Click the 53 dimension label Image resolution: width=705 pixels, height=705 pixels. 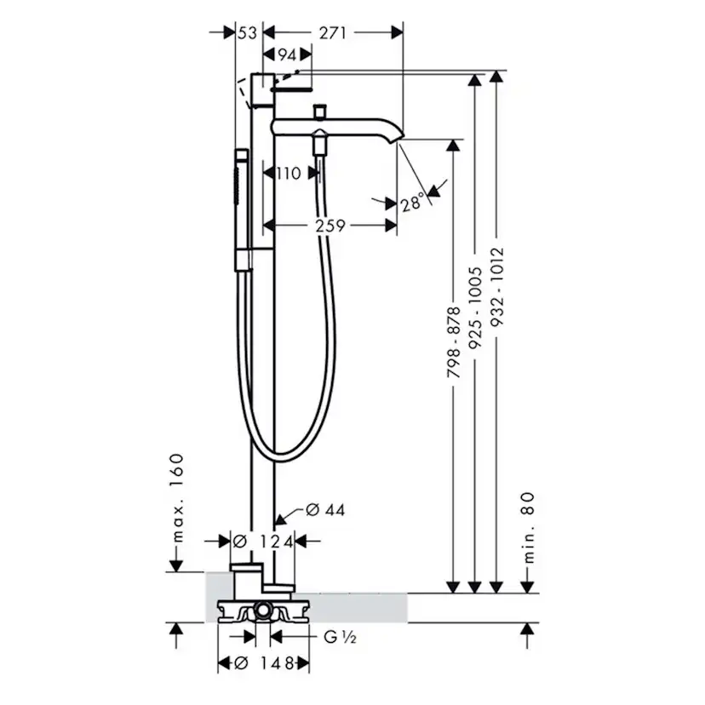(x=247, y=33)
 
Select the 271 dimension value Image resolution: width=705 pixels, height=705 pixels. (x=333, y=33)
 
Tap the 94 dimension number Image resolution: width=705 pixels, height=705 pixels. (x=287, y=54)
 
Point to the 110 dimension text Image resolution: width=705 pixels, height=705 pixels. (x=288, y=173)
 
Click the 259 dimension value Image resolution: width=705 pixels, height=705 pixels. (x=330, y=226)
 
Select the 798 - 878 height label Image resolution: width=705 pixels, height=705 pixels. (x=454, y=342)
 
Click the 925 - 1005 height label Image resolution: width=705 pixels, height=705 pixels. (x=475, y=307)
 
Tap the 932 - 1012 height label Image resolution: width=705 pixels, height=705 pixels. (x=497, y=286)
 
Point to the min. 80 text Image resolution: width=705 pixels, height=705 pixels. (x=530, y=527)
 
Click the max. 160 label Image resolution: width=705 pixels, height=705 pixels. (x=177, y=498)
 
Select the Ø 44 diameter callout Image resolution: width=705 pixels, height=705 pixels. (x=325, y=510)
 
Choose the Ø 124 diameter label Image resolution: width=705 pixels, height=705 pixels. (x=263, y=542)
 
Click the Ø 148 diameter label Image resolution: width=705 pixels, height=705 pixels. (x=264, y=663)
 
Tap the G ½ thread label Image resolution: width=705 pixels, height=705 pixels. (x=340, y=637)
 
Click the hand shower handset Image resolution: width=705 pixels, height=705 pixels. (x=241, y=210)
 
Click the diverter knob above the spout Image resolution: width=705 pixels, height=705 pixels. (x=319, y=111)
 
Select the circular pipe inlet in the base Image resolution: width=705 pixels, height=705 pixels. (x=262, y=611)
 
